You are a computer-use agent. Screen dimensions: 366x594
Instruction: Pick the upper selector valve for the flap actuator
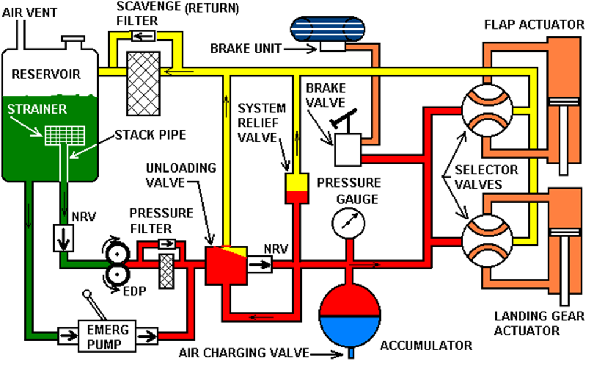[x=487, y=109]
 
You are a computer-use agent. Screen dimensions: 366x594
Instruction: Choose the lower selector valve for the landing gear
[x=487, y=237]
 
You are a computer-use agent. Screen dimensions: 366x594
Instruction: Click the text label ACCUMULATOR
[x=426, y=346]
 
